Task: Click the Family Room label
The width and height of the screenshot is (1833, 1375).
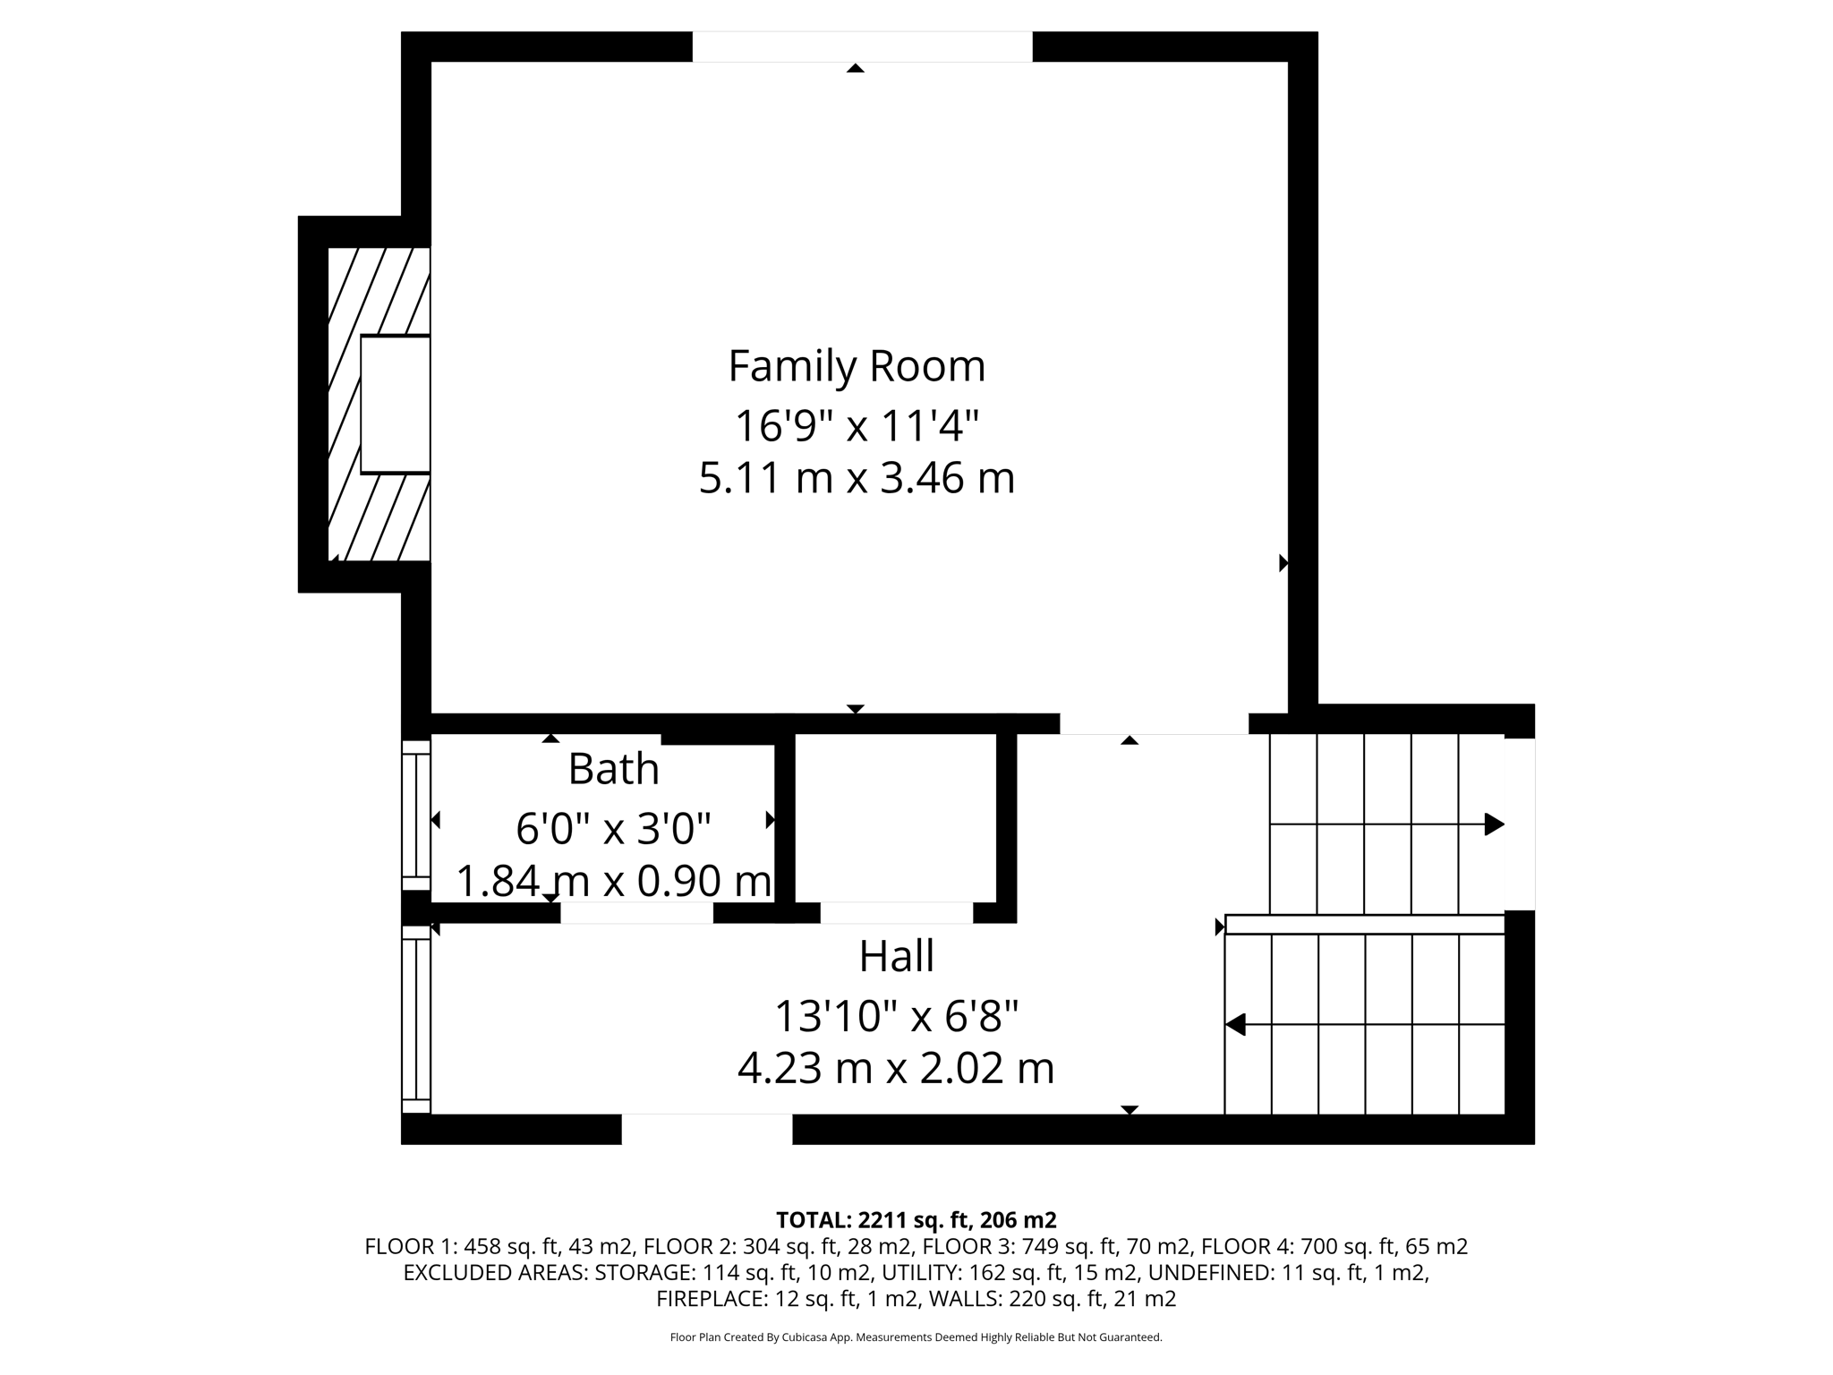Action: coord(857,366)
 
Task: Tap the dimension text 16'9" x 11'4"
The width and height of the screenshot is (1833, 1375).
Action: coord(857,425)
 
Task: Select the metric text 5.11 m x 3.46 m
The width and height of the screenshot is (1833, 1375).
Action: coord(857,477)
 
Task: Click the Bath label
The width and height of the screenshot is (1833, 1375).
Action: coord(613,769)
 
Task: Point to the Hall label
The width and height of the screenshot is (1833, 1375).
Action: coord(896,956)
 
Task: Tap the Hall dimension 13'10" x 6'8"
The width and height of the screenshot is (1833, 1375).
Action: coord(896,1016)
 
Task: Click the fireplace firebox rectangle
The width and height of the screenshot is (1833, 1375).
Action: coord(395,404)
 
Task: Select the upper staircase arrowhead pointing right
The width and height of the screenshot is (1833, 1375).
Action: coord(1494,824)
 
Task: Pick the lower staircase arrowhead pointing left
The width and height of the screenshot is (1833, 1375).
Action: coord(1236,1024)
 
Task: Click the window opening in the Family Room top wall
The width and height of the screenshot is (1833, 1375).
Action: coord(862,47)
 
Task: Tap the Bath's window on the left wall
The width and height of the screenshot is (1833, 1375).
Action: coord(415,816)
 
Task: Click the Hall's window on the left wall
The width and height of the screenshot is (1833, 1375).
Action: coord(415,1019)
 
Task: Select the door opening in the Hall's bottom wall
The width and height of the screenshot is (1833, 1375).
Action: coord(706,1129)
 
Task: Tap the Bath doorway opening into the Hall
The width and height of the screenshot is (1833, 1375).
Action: coord(636,912)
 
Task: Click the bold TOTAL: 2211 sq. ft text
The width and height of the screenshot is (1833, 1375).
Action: coord(916,1220)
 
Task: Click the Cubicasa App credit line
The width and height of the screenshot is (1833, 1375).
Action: coord(916,1337)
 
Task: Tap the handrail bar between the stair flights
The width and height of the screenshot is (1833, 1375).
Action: coord(1364,924)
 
